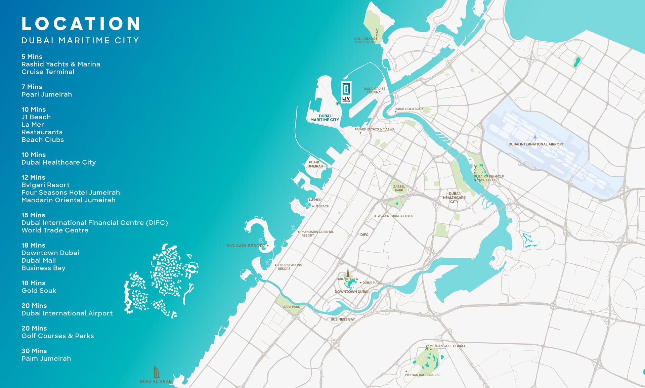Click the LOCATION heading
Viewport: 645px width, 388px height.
(81, 24)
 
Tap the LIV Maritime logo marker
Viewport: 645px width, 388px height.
(346, 92)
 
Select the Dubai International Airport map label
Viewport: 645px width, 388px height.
(536, 144)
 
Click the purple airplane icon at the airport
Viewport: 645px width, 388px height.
(535, 138)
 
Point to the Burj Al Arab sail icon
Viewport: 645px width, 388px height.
(156, 372)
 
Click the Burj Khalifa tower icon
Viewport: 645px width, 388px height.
(348, 272)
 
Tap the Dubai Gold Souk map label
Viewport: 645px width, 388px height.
(409, 109)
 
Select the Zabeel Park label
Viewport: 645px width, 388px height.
(399, 188)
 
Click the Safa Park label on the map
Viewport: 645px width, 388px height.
(292, 307)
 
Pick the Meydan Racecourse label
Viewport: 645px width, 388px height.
(423, 375)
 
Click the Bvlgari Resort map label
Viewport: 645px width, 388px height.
(246, 246)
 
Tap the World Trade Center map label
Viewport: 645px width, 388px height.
(395, 216)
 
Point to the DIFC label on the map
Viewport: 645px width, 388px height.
(364, 235)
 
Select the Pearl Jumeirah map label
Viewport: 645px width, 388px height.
(314, 164)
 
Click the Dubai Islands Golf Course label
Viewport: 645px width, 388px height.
(366, 40)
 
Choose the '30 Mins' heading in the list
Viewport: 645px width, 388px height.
(34, 351)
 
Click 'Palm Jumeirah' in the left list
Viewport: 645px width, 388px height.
(46, 358)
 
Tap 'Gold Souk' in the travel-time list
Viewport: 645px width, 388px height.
(39, 291)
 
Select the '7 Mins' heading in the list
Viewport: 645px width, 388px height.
(32, 87)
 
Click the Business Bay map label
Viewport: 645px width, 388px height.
(342, 319)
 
